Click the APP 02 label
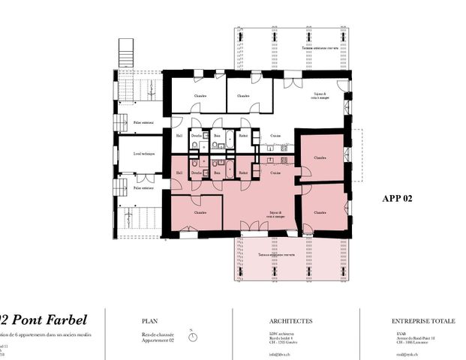pos(397,199)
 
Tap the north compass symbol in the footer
pos(193,336)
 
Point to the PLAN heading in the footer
pos(150,321)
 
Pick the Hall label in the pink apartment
pos(179,173)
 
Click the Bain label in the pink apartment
pos(217,173)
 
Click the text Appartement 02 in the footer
pos(158,341)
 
